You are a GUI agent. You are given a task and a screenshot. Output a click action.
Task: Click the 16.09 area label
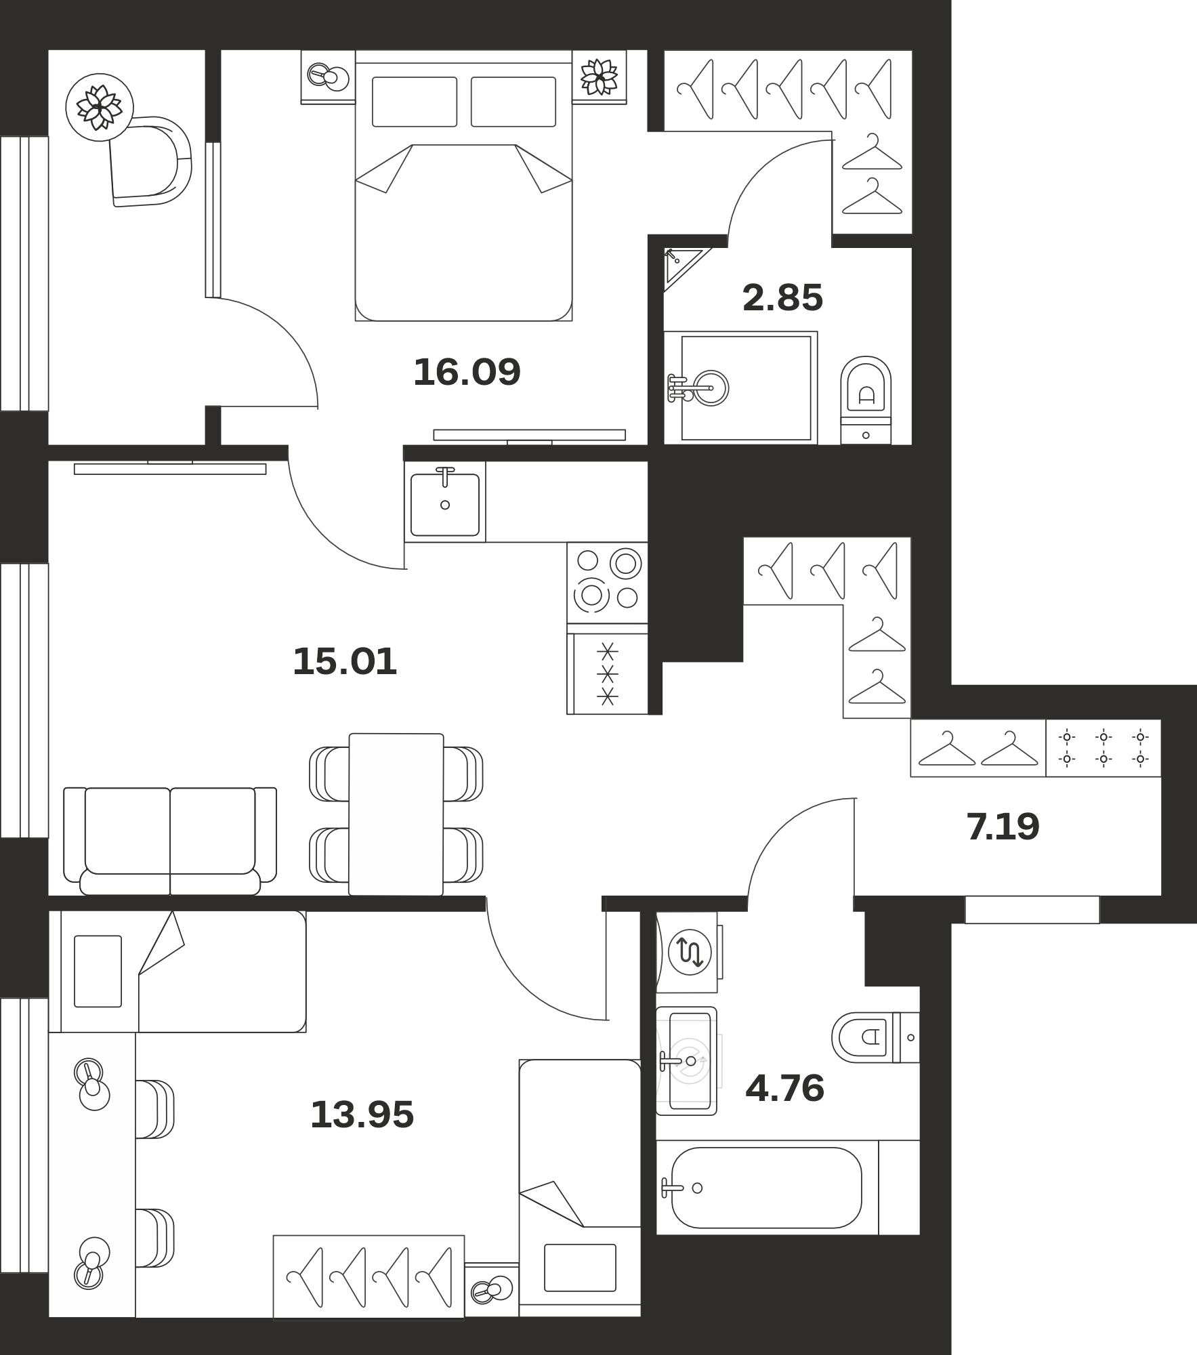tap(467, 372)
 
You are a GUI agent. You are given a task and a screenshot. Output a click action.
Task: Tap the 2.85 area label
tap(782, 297)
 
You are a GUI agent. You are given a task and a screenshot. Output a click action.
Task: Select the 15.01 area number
tap(345, 661)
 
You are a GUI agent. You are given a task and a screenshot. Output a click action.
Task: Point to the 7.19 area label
tap(1003, 827)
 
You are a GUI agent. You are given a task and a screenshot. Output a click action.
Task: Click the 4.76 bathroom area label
tap(784, 1089)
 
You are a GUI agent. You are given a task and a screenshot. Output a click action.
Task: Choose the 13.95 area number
tap(362, 1114)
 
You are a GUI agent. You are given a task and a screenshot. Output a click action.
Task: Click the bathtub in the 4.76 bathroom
tap(766, 1188)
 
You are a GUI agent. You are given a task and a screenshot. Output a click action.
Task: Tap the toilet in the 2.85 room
tap(866, 400)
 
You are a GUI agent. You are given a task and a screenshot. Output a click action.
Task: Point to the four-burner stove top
tap(608, 583)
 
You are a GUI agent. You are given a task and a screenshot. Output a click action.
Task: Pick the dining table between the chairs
tap(396, 814)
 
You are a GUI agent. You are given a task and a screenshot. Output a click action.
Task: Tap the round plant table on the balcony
tap(100, 107)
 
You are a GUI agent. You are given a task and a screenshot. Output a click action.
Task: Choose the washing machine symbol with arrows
tap(689, 953)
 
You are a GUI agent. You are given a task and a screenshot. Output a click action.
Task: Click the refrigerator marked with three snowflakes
tap(608, 673)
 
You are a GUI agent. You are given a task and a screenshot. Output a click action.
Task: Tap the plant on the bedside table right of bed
tap(600, 77)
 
